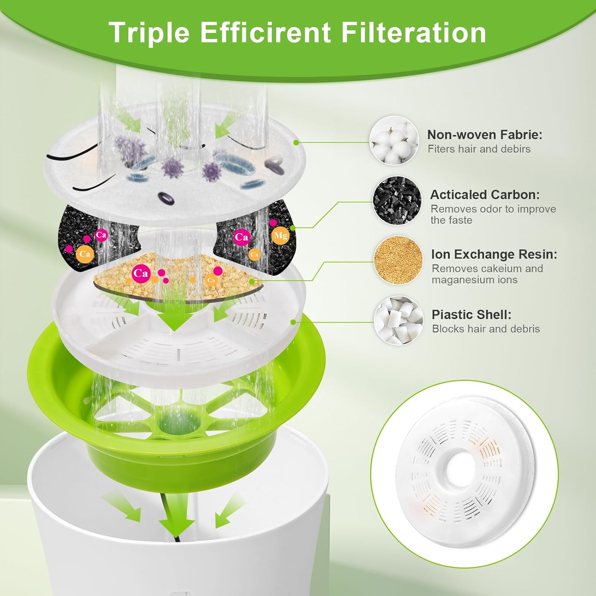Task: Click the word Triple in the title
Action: tap(149, 33)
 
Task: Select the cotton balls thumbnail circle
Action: tap(394, 141)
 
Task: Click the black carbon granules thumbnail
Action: tap(397, 201)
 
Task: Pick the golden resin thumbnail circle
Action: tap(399, 261)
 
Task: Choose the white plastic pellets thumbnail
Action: tap(399, 321)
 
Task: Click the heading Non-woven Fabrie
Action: tap(484, 135)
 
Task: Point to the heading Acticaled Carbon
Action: tap(485, 195)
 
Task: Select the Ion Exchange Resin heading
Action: tap(494, 254)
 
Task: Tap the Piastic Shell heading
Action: tap(471, 315)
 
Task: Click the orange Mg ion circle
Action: tap(281, 236)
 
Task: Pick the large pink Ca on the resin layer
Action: tap(140, 273)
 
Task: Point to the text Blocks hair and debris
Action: tap(486, 329)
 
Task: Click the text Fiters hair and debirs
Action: tap(479, 149)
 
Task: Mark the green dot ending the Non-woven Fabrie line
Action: tap(296, 142)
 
